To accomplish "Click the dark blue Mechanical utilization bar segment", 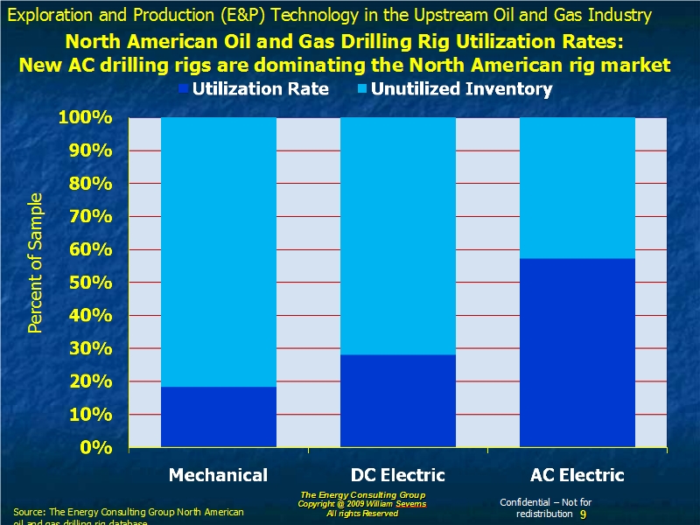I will [x=219, y=416].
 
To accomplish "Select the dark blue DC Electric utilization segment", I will [x=398, y=401].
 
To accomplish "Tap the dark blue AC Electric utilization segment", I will [x=577, y=353].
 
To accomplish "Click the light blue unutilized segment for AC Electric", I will [x=577, y=188].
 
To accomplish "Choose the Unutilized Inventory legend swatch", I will [x=362, y=89].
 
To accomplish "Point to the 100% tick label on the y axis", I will [x=84, y=118].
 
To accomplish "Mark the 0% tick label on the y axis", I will [x=95, y=447].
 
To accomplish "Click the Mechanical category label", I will [x=218, y=475].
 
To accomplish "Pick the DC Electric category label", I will [x=398, y=475].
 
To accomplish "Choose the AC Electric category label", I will [x=577, y=475].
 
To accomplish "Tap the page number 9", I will [x=583, y=514].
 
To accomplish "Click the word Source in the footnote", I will [x=29, y=511].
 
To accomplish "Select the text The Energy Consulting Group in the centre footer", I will [x=362, y=495].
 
